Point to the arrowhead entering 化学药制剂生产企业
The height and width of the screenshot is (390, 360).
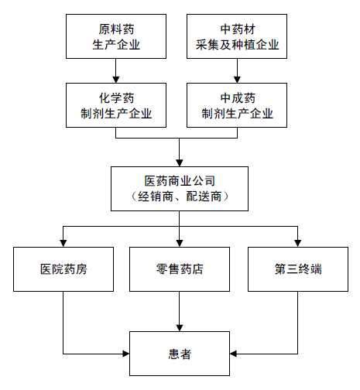(x=116, y=80)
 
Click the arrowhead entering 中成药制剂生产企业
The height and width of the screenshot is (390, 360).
(x=237, y=80)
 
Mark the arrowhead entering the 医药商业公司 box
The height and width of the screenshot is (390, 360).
(x=180, y=163)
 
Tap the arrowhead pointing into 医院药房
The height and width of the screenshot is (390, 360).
(x=63, y=244)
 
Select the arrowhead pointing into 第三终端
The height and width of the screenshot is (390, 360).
(x=298, y=244)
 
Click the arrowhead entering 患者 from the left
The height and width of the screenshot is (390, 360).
(x=126, y=354)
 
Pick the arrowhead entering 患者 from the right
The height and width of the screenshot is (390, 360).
(x=233, y=354)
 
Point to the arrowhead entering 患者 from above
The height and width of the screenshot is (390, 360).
(x=180, y=328)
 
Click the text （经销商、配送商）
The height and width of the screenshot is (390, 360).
(x=180, y=197)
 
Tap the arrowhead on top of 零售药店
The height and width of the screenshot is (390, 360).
(x=180, y=244)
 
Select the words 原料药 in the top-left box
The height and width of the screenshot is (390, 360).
(x=116, y=29)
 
